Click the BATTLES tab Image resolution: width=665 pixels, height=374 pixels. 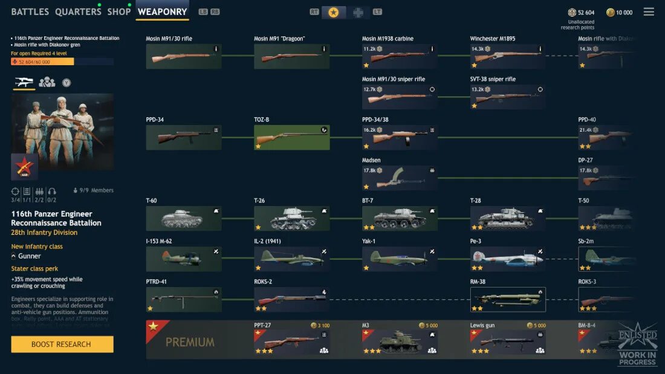pyautogui.click(x=30, y=11)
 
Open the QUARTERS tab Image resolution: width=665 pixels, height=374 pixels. pyautogui.click(x=78, y=11)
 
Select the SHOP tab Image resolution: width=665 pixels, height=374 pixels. pyautogui.click(x=118, y=11)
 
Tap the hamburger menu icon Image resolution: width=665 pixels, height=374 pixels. pyautogui.click(x=649, y=11)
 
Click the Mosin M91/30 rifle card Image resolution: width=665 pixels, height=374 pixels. pyautogui.click(x=184, y=57)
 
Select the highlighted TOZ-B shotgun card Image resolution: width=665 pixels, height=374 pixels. pyautogui.click(x=292, y=138)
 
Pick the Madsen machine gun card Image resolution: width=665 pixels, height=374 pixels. pyautogui.click(x=400, y=178)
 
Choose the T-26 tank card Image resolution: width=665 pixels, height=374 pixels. pyautogui.click(x=292, y=219)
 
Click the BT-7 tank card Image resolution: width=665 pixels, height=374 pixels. pyautogui.click(x=400, y=219)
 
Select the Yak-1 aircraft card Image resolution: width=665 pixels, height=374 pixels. pyautogui.click(x=400, y=259)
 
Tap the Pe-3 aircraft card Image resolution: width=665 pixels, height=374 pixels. pyautogui.click(x=508, y=259)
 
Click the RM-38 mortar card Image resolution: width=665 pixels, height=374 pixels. pyautogui.click(x=508, y=300)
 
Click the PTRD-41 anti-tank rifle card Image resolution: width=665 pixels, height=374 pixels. pyautogui.click(x=184, y=300)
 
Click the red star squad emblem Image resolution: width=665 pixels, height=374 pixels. pyautogui.click(x=25, y=167)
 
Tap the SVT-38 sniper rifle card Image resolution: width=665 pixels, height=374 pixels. pyautogui.click(x=508, y=97)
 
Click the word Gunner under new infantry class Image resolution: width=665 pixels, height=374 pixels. pyautogui.click(x=30, y=256)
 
